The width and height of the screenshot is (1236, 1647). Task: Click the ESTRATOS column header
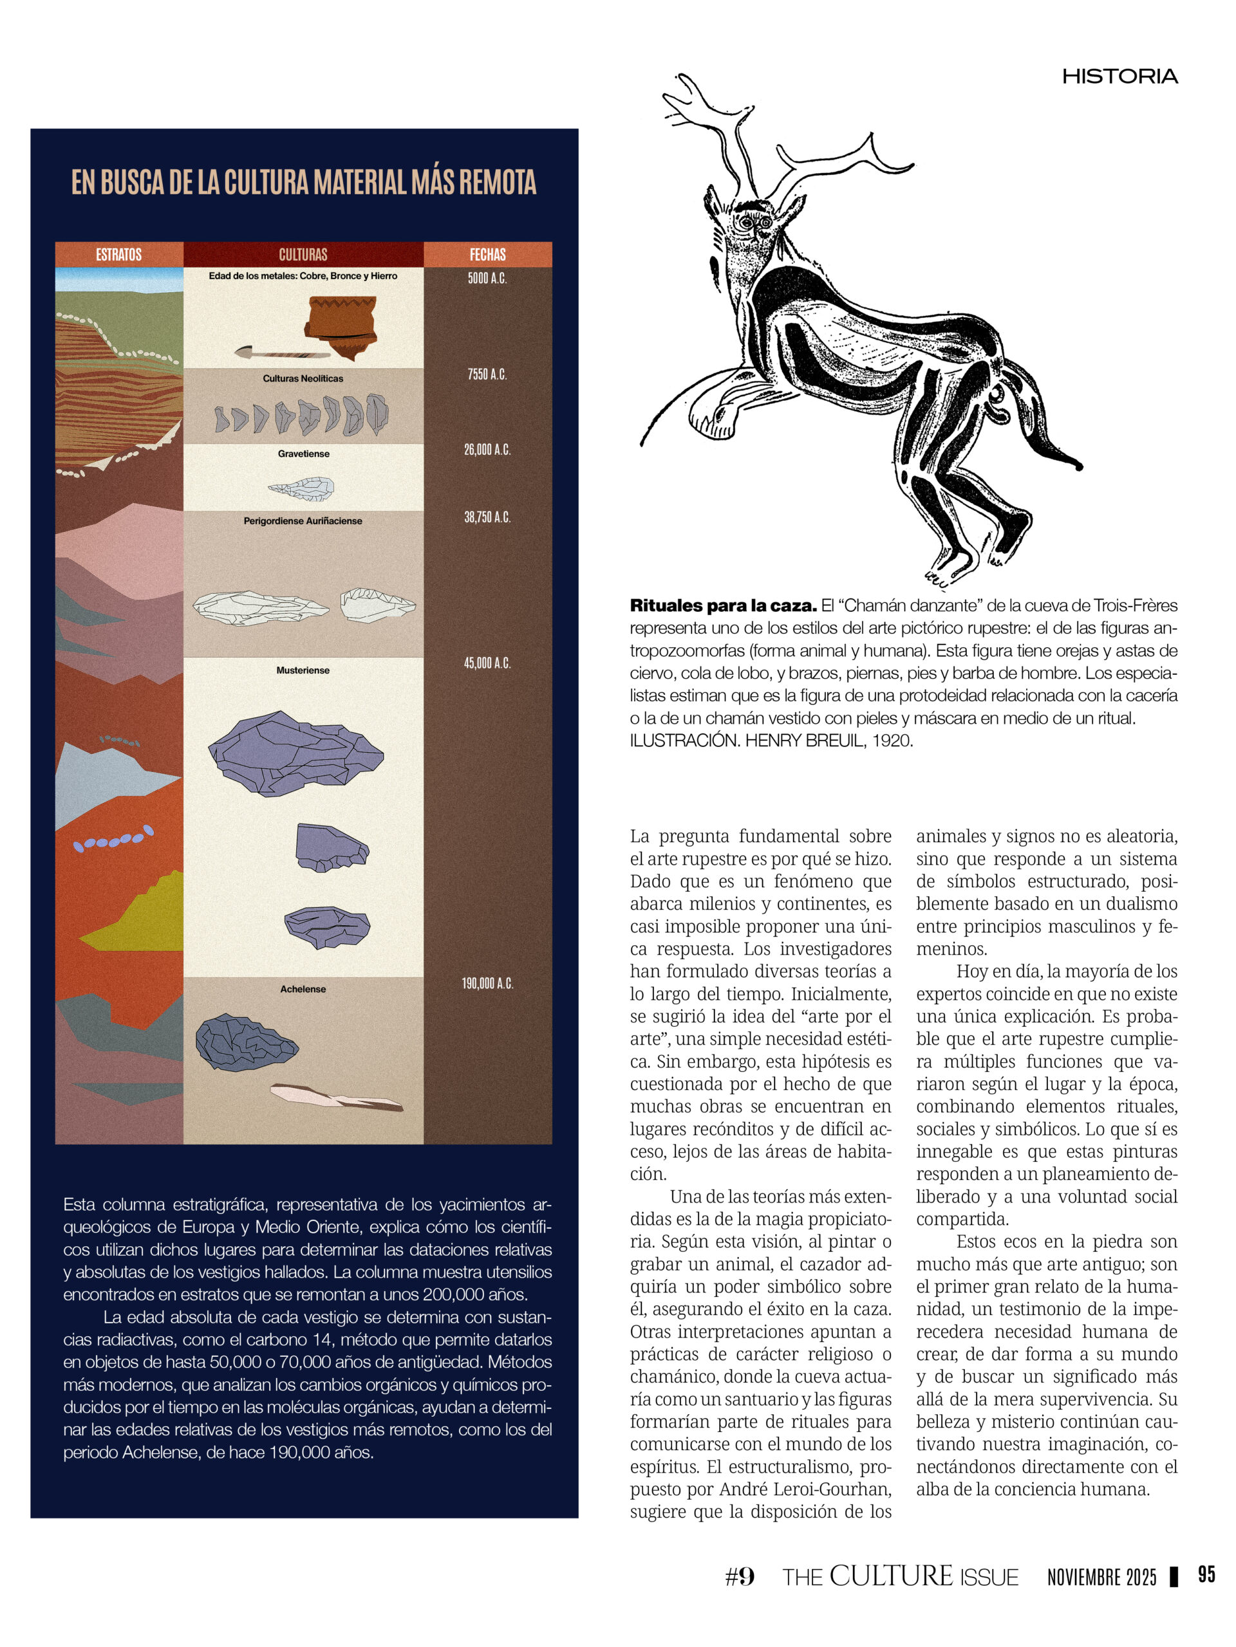click(x=118, y=255)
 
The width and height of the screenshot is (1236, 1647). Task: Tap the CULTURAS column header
click(x=303, y=255)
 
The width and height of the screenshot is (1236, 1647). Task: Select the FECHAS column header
click(x=487, y=255)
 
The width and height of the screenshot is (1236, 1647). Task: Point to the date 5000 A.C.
click(x=487, y=279)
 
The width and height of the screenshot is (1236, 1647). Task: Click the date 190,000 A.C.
click(x=487, y=984)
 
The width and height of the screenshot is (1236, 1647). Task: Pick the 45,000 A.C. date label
click(x=487, y=663)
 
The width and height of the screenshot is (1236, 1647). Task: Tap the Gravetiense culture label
click(x=303, y=454)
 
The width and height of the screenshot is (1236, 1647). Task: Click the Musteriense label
click(x=303, y=670)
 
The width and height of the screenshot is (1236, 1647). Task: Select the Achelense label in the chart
click(x=303, y=989)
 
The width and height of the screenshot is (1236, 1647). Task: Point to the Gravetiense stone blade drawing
click(x=302, y=488)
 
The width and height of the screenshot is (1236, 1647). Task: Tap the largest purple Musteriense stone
click(x=295, y=753)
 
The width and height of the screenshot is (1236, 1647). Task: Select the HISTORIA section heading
click(x=1119, y=77)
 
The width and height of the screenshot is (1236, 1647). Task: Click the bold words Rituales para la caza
click(x=723, y=605)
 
